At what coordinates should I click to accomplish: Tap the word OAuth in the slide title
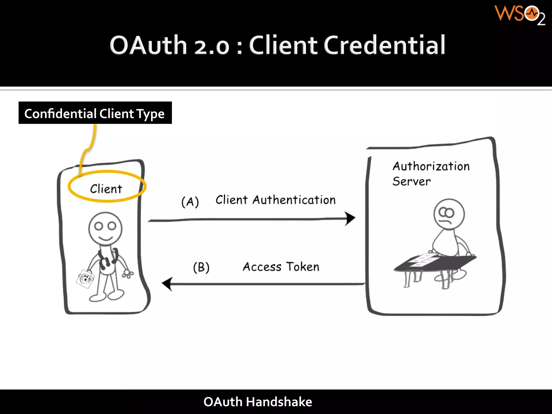[x=148, y=45]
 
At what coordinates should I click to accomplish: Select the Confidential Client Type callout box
[x=95, y=113]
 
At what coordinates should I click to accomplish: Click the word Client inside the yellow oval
[x=106, y=189]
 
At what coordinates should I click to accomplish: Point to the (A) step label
[x=190, y=202]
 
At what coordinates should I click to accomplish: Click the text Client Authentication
[x=275, y=200]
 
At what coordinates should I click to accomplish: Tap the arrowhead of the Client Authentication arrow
[x=350, y=218]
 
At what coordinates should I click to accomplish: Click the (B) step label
[x=201, y=267]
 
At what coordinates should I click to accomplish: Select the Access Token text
[x=281, y=267]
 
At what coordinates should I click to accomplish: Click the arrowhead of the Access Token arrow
[x=168, y=284]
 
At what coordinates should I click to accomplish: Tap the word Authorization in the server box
[x=431, y=166]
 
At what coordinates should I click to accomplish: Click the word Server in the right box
[x=411, y=181]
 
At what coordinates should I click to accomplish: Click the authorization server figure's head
[x=449, y=214]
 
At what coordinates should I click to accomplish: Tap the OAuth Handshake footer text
[x=258, y=402]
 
